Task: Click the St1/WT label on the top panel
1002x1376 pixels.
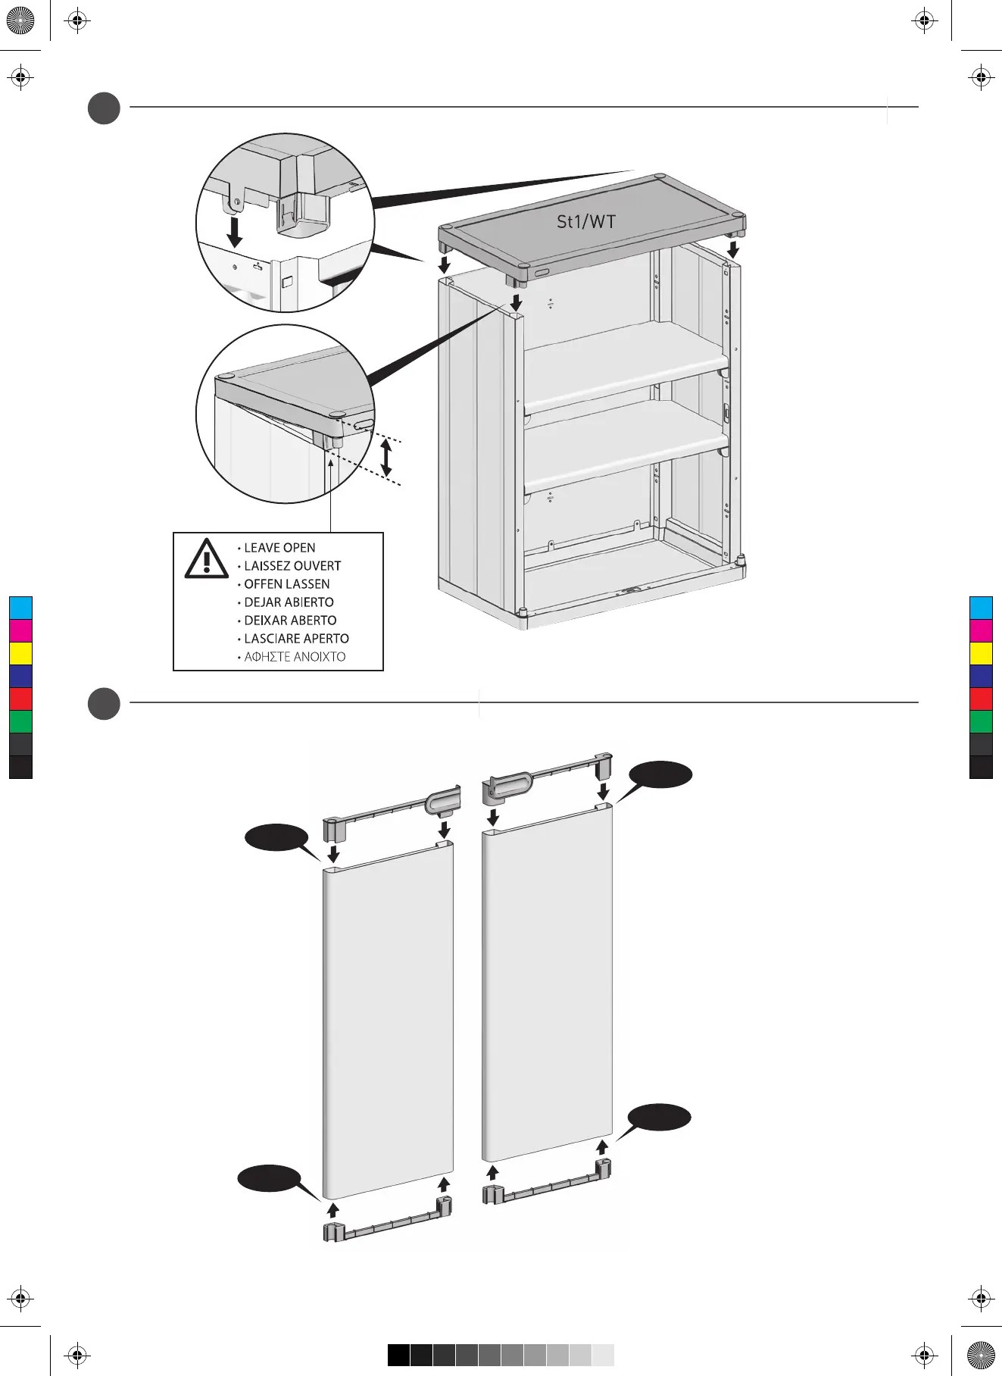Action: (586, 222)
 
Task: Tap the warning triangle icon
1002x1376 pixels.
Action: (205, 558)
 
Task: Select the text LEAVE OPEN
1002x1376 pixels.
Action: (279, 548)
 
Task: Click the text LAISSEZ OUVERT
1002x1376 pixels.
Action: (292, 566)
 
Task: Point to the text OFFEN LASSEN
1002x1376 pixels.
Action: (286, 584)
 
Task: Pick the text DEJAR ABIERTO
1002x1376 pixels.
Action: (289, 602)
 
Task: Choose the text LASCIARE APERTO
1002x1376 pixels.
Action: (296, 639)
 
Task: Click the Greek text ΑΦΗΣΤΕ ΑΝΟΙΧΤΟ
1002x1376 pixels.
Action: (295, 657)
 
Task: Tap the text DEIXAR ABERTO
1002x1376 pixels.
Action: (290, 621)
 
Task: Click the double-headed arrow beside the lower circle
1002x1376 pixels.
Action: (386, 458)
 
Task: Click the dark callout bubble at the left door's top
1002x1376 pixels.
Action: (276, 839)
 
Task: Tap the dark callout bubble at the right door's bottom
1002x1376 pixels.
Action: (660, 1118)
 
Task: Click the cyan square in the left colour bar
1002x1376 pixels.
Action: (20, 608)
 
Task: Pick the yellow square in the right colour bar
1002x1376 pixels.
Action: (981, 653)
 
